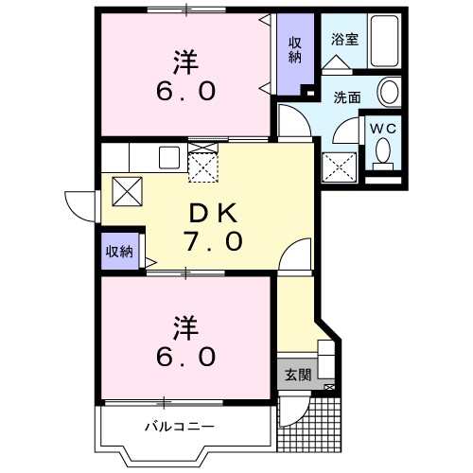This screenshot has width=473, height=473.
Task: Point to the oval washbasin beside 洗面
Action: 388,93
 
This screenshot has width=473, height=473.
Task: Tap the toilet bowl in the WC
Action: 383,151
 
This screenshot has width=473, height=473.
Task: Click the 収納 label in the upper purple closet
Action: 295,49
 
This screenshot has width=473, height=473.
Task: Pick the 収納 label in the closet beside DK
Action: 119,252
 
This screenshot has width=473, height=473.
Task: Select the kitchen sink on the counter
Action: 170,157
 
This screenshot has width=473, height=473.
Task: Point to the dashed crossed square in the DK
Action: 202,167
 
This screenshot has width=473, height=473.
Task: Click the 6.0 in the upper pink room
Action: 185,93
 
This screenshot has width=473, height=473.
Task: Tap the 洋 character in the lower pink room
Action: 185,327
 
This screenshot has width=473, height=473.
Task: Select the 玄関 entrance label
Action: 297,375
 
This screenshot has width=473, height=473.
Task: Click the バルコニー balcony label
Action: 179,426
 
